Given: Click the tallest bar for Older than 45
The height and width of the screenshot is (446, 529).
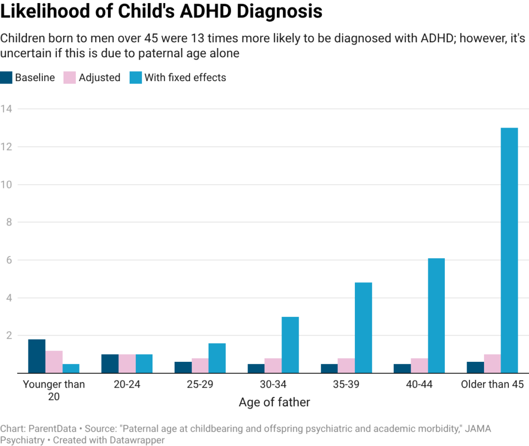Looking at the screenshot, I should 509,250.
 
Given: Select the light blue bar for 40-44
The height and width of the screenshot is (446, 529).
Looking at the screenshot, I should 436,315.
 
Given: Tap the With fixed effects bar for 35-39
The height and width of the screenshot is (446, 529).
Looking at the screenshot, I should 363,327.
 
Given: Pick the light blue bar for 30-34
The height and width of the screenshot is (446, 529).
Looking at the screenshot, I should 290,344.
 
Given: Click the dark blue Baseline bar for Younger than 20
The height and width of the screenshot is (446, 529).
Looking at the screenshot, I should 37,356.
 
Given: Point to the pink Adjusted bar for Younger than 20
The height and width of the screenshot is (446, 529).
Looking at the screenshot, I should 54,361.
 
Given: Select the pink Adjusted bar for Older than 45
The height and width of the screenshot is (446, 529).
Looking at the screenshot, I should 492,363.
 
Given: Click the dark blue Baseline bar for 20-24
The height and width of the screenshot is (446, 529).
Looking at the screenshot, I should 110,363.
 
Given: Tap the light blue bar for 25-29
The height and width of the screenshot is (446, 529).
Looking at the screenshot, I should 217,358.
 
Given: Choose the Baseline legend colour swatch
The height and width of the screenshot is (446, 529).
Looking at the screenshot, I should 6,78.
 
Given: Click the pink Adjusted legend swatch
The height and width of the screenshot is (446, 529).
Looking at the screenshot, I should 69,78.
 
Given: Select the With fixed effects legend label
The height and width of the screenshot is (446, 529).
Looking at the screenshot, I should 185,78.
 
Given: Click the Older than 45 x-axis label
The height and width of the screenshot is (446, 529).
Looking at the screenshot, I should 492,385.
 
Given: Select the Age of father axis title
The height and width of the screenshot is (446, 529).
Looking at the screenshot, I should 274,403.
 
